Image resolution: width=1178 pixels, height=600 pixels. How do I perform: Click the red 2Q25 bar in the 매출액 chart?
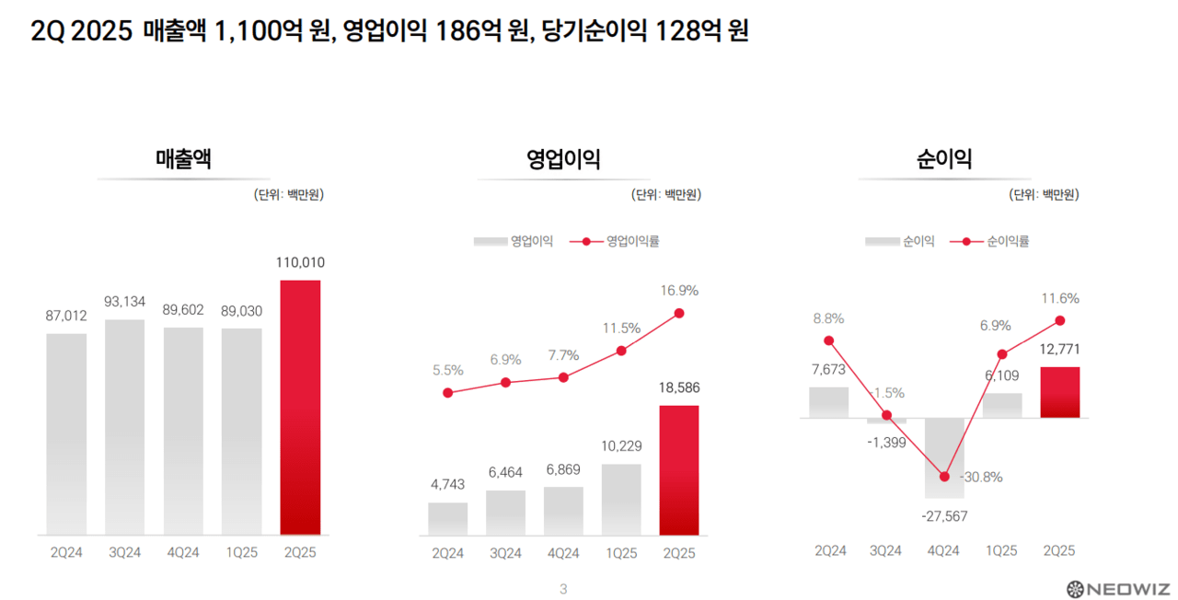pos(300,407)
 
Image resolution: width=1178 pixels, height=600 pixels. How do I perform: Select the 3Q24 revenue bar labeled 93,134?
pos(124,427)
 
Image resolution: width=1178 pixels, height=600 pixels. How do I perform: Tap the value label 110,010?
pos(300,262)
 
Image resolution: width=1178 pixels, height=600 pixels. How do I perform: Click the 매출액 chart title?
pos(183,159)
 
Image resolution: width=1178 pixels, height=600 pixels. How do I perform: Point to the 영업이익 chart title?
pos(563,159)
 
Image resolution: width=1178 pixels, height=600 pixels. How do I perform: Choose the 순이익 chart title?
pos(943,159)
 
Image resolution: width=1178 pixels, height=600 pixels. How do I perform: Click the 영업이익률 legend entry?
pos(614,241)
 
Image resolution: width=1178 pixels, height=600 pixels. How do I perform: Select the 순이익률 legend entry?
pos(995,241)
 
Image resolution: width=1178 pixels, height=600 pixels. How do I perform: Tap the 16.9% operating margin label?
pos(679,290)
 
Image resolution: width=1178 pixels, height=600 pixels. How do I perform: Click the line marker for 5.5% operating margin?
pos(448,393)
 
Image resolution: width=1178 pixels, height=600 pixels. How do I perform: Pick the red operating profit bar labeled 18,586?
pos(679,470)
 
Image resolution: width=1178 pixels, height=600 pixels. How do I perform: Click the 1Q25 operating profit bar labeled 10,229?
pos(621,499)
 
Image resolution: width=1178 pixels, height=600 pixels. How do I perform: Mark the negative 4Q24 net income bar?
pos(944,457)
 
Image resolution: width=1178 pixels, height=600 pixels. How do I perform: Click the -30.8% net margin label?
pos(981,477)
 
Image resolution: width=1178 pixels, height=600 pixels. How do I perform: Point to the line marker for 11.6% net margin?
pos(1060,320)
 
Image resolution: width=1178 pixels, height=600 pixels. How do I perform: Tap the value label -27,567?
pos(944,516)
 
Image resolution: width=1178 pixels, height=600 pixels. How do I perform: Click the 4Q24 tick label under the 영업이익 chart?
pos(563,553)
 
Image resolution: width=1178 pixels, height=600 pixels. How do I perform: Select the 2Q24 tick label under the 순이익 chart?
pos(830,550)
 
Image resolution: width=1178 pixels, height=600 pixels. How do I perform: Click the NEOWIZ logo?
pos(1116,588)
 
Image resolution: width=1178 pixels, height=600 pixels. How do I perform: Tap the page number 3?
pos(563,589)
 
